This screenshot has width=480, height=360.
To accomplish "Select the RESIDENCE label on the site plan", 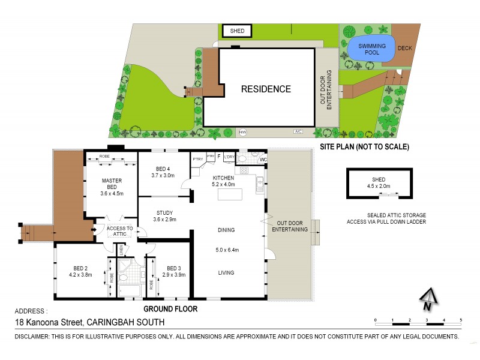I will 266,89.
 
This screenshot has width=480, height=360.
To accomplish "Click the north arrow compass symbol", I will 427,298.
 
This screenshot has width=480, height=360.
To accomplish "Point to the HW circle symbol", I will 243,132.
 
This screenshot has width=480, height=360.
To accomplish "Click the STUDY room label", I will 164,212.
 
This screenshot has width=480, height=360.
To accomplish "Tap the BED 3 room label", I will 174,268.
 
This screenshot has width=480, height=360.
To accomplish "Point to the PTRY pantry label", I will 197,159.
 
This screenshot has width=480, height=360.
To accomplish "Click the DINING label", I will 226,230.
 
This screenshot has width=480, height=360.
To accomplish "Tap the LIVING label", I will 226,273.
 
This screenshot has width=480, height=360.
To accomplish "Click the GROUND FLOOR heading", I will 170,310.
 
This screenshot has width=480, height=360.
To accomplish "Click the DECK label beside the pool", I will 406,49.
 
